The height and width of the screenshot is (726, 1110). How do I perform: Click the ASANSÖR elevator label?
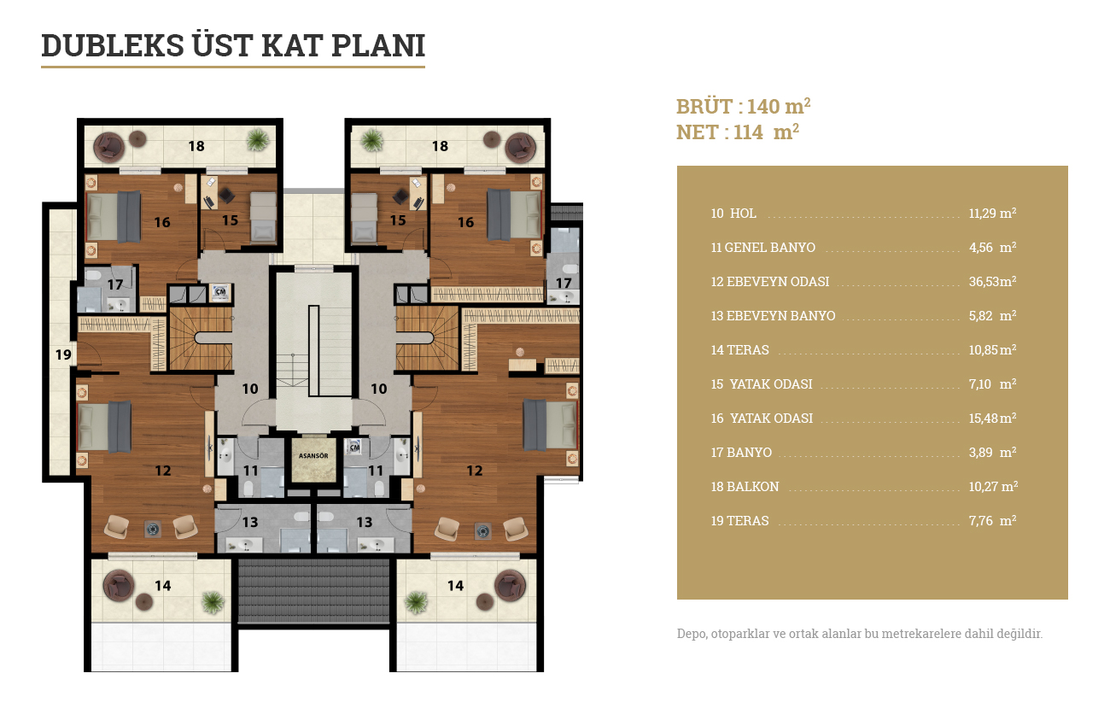[x=313, y=455]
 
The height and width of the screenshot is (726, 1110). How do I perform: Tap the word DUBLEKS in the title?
[x=113, y=45]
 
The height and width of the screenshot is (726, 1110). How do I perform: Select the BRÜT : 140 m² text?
[x=744, y=106]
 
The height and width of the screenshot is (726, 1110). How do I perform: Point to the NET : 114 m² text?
[x=738, y=132]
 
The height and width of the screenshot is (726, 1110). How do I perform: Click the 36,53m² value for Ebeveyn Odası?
[x=992, y=282]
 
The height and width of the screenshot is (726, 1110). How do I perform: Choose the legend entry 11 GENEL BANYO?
[x=763, y=248]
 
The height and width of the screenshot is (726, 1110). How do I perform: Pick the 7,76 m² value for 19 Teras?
[x=992, y=520]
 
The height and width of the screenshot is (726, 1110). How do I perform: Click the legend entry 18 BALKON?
[x=745, y=487]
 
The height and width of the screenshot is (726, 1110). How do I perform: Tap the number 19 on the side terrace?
[x=63, y=354]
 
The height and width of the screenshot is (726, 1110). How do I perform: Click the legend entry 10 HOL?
[x=733, y=213]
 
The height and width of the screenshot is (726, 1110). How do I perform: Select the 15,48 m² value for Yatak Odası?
[x=992, y=418]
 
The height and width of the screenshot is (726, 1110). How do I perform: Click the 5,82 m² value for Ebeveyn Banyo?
[x=992, y=316]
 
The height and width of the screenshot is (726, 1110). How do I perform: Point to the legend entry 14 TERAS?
[x=739, y=350]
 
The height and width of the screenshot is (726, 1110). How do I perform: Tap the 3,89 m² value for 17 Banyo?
[x=992, y=452]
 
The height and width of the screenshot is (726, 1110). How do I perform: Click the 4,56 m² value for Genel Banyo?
[x=992, y=248]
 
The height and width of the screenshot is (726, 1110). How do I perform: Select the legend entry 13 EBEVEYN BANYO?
[x=773, y=316]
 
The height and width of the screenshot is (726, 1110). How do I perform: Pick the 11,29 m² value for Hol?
[x=992, y=213]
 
